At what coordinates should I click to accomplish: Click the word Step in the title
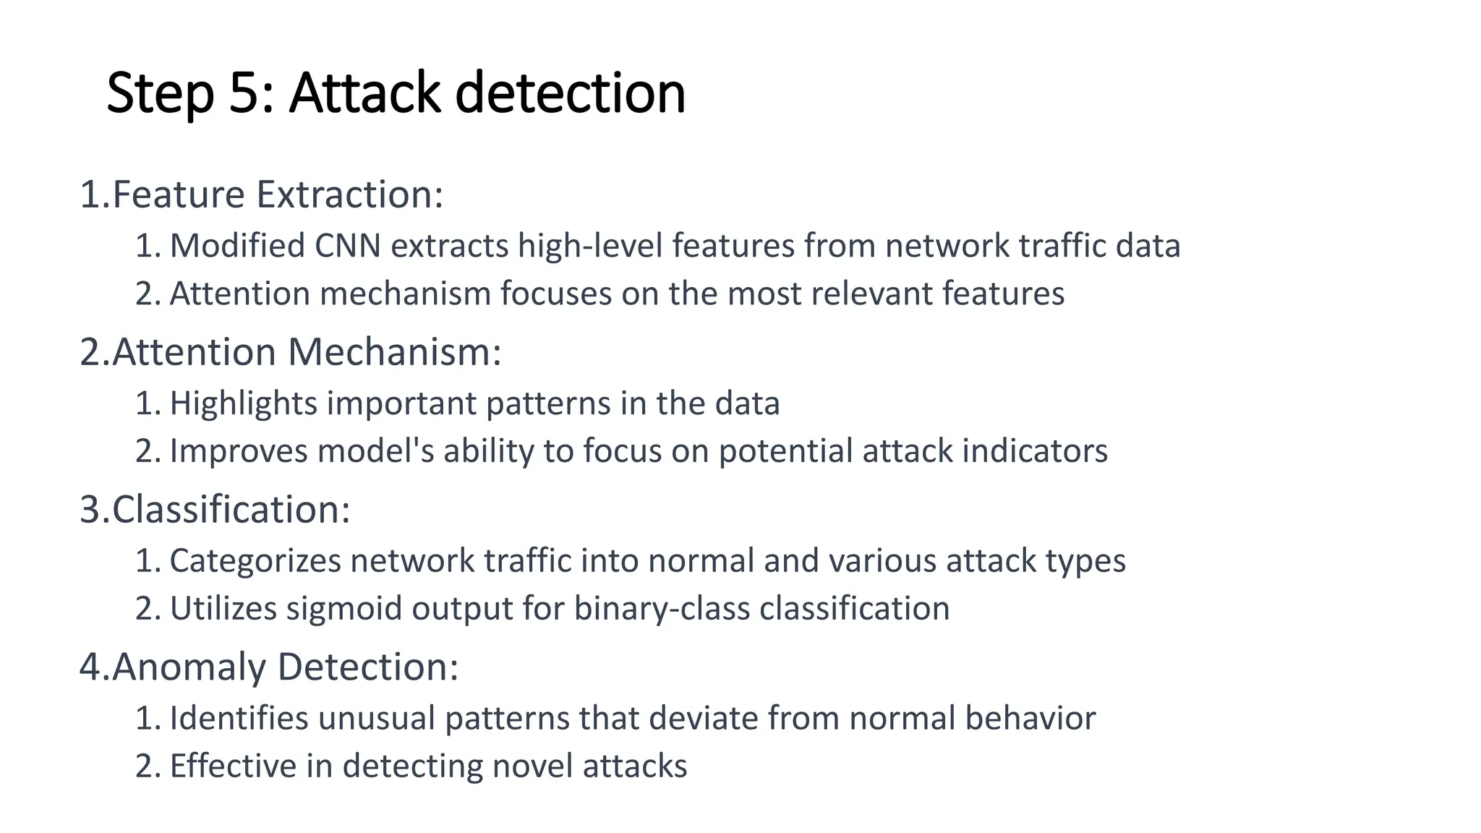coord(161,94)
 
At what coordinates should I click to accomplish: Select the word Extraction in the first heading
coord(349,195)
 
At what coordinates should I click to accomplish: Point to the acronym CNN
coord(348,246)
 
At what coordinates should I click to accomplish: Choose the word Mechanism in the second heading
coord(395,352)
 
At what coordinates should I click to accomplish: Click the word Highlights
coord(243,403)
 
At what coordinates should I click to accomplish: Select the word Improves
coord(239,451)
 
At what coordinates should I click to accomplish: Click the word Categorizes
coord(255,561)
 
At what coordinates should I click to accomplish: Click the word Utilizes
coord(223,609)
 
